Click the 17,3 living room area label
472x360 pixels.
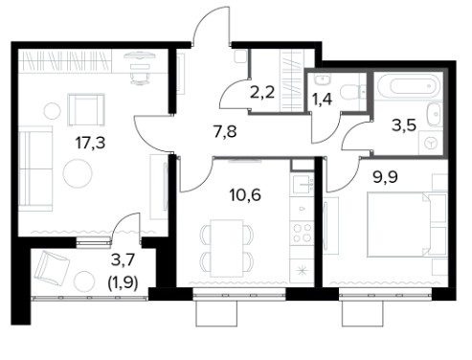pyautogui.click(x=90, y=143)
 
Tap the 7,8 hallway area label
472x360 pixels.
pyautogui.click(x=225, y=131)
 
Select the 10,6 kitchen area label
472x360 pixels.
pyautogui.click(x=245, y=194)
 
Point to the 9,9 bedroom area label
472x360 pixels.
pyautogui.click(x=385, y=176)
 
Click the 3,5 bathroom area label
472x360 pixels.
pyautogui.click(x=404, y=125)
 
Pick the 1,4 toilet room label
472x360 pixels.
pyautogui.click(x=322, y=99)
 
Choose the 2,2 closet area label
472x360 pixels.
pyautogui.click(x=262, y=92)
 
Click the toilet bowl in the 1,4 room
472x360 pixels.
pyautogui.click(x=349, y=92)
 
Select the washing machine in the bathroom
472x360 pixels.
pyautogui.click(x=431, y=143)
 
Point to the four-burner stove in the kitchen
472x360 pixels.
pyautogui.click(x=303, y=233)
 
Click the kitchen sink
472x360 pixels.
pyautogui.click(x=302, y=184)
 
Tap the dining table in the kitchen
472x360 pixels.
pyautogui.click(x=227, y=248)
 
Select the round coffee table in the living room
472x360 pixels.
pyautogui.click(x=78, y=174)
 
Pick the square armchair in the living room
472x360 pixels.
pyautogui.click(x=86, y=110)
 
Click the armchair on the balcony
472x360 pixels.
pyautogui.click(x=52, y=268)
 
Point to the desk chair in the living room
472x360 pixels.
pyautogui.click(x=140, y=79)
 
